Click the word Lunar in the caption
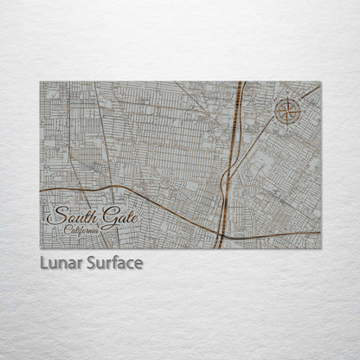[x=61, y=263]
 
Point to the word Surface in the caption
[x=113, y=263]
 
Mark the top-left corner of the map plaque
[x=40, y=82]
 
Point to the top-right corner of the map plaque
[x=320, y=82]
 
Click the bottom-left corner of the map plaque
[x=40, y=248]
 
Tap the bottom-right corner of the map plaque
[x=320, y=248]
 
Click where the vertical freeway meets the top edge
[x=240, y=83]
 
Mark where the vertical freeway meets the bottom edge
[x=220, y=247]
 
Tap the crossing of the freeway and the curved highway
[x=222, y=232]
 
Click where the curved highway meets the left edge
[x=41, y=189]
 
